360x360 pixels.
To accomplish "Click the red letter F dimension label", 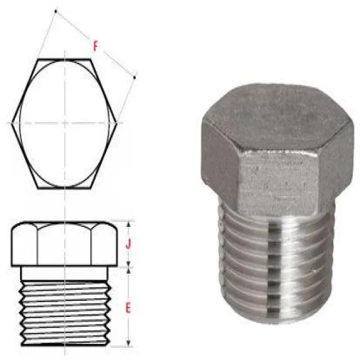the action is (x=95, y=46).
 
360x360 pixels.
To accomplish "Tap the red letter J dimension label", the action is (x=129, y=244).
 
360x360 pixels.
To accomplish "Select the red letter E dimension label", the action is (x=128, y=308).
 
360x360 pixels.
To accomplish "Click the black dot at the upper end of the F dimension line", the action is (x=55, y=11).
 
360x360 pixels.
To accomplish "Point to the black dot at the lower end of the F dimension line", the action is (x=134, y=78).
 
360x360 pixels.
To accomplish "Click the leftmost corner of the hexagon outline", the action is (x=12, y=123).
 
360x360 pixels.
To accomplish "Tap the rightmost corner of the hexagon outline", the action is (x=117, y=123).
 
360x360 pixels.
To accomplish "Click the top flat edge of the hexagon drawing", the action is (x=64, y=59).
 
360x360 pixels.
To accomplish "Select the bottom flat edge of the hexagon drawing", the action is (x=64, y=188).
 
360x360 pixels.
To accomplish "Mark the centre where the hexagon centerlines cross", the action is (x=65, y=123).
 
